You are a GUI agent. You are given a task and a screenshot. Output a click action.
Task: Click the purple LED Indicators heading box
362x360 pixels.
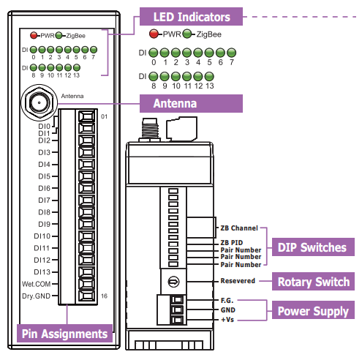(x=191, y=16)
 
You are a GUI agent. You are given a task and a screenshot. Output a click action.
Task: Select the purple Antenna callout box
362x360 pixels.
(x=191, y=103)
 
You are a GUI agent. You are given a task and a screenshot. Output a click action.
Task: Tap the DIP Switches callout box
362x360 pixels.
(x=313, y=247)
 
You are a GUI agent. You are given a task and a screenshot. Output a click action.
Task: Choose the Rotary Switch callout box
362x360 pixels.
(x=313, y=282)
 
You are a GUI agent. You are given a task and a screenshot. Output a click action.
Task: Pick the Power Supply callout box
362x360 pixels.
(x=313, y=310)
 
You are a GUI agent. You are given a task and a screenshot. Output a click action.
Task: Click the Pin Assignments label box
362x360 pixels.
(x=64, y=333)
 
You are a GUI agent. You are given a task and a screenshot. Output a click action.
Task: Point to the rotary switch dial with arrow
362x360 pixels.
(x=173, y=282)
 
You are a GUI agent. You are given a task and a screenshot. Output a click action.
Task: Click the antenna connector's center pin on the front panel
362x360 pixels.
(x=39, y=102)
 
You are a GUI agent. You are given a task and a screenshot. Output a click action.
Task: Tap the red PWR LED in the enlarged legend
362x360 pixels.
(x=154, y=34)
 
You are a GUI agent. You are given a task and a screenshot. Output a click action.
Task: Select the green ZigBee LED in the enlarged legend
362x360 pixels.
(x=187, y=34)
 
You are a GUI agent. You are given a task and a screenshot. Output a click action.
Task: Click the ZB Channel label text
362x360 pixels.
(x=239, y=228)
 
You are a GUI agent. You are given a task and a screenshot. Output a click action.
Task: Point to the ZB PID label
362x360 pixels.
(x=232, y=243)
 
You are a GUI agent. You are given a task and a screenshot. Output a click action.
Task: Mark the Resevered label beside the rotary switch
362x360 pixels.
(x=238, y=281)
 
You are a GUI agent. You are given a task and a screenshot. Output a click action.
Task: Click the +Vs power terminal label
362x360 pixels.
(x=227, y=320)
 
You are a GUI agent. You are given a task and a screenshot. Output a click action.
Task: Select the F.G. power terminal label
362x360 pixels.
(x=227, y=301)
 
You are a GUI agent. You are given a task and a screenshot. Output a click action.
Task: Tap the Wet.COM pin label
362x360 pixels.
(x=36, y=284)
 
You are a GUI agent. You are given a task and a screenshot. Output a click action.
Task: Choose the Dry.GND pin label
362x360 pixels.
(x=36, y=296)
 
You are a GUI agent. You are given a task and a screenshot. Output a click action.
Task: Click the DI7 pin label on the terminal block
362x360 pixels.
(x=44, y=200)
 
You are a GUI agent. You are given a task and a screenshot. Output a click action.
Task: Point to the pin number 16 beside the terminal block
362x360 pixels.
(x=104, y=296)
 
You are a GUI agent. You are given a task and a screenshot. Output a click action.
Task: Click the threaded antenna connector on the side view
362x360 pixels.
(x=150, y=130)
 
